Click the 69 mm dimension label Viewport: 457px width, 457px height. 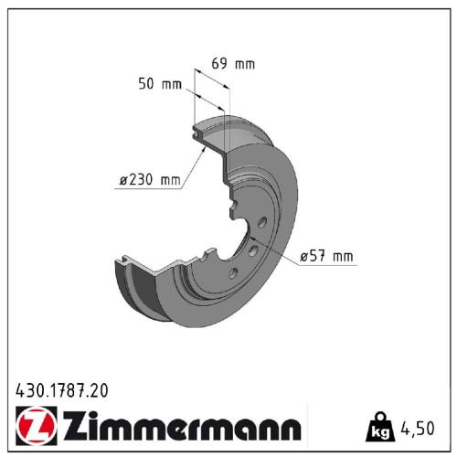pos(233,64)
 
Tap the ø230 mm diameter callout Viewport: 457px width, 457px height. pos(150,180)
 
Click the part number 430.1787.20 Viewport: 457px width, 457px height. pos(62,390)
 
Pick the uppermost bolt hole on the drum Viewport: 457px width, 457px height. pos(261,223)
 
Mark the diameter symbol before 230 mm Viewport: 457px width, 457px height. pos(122,180)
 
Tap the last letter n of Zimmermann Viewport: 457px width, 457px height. pos(291,429)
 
